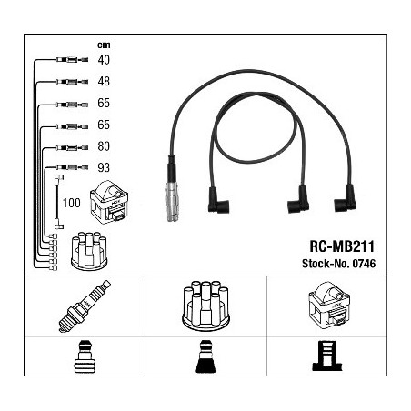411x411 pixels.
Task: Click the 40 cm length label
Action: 104,60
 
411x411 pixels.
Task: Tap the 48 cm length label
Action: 104,82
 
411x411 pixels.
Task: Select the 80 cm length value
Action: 104,146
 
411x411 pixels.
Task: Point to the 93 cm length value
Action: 104,167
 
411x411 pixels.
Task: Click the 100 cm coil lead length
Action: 72,203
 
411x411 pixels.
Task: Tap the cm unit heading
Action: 104,45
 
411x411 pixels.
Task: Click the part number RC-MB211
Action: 342,246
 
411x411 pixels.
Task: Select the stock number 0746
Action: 364,264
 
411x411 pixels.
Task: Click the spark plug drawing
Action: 85,306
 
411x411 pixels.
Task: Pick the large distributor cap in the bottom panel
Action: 206,306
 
